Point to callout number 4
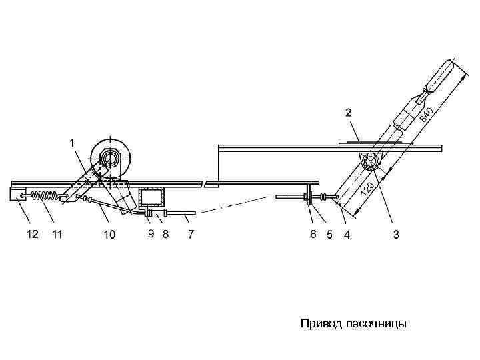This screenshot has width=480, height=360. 345,235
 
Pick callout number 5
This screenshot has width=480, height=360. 329,235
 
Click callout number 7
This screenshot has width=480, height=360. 191,235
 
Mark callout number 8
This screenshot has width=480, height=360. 165,234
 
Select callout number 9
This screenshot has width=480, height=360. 151,234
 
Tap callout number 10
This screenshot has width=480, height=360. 109,235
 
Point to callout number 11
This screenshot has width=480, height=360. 58,235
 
